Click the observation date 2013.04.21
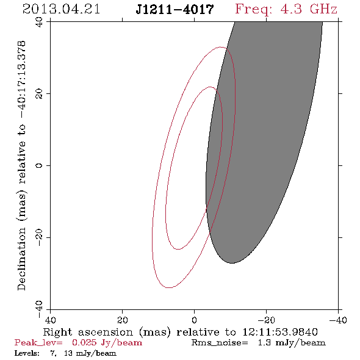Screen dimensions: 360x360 pos(61,9)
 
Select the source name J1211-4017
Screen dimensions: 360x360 pos(175,10)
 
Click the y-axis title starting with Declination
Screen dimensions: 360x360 pos(21,165)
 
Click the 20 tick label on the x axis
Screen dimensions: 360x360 pos(122,320)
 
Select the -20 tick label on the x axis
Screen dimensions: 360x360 pos(266,320)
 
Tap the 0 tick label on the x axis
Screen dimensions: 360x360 pos(194,320)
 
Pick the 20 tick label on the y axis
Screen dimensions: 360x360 pos(39,94)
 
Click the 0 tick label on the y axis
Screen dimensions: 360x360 pos(39,165)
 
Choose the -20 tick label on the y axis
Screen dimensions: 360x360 pos(39,237)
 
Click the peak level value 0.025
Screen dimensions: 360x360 pos(84,342)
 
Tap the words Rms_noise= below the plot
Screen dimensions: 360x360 pos(220,343)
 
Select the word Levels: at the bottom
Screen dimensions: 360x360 pos(27,353)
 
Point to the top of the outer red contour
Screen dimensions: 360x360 pos(221,47)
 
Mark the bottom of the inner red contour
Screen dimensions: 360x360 pos(178,249)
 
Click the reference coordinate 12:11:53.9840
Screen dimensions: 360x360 pos(280,332)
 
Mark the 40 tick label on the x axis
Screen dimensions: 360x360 pos(50,320)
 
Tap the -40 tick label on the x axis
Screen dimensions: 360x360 pos(338,320)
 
